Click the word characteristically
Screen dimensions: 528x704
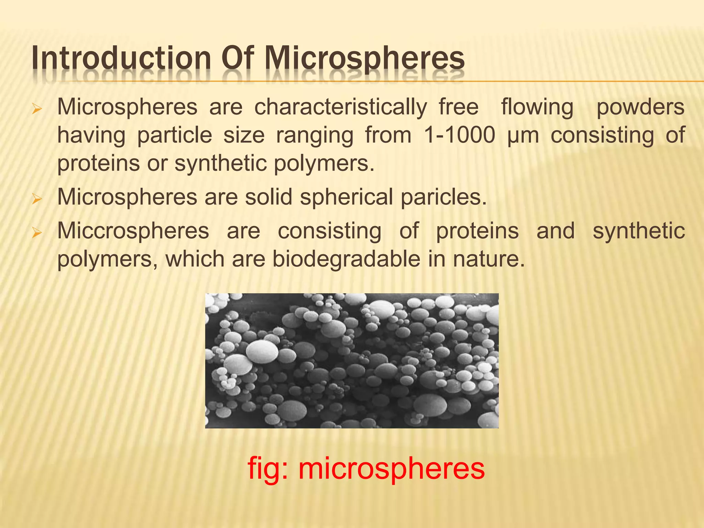click(341, 108)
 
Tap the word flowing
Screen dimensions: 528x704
click(537, 108)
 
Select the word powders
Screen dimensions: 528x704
click(640, 108)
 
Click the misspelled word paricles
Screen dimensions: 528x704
click(444, 198)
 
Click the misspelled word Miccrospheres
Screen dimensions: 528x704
click(133, 231)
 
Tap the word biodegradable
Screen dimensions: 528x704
click(346, 259)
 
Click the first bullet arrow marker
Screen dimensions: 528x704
click(36, 110)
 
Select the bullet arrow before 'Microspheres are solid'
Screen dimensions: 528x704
click(36, 199)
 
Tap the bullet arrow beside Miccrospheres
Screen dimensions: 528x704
click(36, 233)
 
